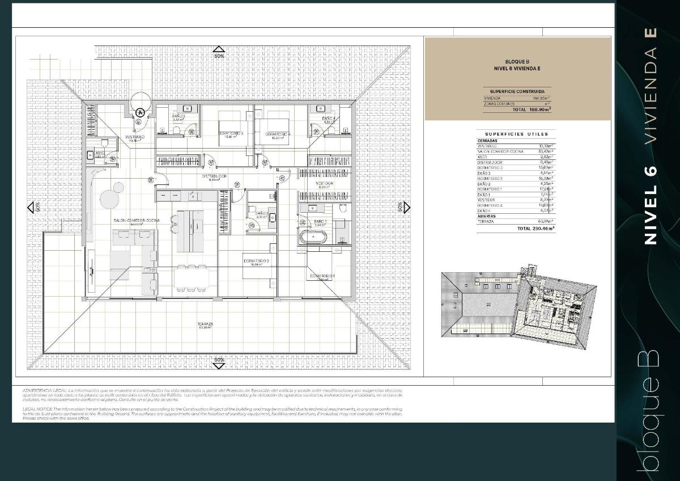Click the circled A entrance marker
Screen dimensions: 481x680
click(x=140, y=113)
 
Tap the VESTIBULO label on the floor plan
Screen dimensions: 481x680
click(x=134, y=137)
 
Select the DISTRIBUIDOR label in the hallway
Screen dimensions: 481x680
click(x=214, y=176)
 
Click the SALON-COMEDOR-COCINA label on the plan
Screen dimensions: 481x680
click(x=136, y=220)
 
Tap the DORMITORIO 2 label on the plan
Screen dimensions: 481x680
click(x=256, y=261)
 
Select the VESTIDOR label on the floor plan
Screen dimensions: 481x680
click(x=324, y=184)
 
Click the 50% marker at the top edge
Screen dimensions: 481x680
click(x=219, y=56)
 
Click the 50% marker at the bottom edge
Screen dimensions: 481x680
click(x=219, y=360)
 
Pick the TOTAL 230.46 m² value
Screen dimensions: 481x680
click(x=535, y=229)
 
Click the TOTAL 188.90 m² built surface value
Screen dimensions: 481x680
click(x=531, y=109)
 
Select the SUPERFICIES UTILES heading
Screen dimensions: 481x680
click(x=516, y=134)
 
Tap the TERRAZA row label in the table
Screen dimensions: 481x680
click(x=486, y=222)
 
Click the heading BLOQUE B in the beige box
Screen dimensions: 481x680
click(x=517, y=61)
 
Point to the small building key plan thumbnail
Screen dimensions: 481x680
click(x=518, y=302)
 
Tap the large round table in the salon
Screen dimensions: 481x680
click(x=108, y=198)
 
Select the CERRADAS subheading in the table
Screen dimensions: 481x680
click(x=488, y=141)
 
